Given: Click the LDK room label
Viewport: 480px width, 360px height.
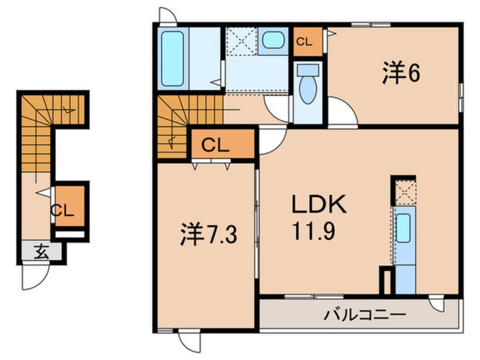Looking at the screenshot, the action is [319, 204].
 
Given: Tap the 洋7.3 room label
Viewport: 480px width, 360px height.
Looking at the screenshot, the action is [208, 235].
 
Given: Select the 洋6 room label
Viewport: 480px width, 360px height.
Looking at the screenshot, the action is [401, 73].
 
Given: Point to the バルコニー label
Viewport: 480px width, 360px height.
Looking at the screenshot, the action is [365, 315].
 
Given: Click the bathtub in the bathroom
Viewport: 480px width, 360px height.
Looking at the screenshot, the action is [172, 59].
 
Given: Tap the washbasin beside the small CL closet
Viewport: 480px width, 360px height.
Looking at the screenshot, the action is [273, 40].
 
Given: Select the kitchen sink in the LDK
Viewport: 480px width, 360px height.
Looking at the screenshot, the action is [403, 228].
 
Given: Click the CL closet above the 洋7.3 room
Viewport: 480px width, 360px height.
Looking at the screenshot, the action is [223, 144].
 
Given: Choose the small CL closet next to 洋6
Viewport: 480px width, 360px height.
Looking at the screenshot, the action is [308, 41].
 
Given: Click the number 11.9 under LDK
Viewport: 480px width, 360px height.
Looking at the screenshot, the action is [313, 231].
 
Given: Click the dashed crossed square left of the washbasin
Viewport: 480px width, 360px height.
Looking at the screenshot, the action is [241, 41].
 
